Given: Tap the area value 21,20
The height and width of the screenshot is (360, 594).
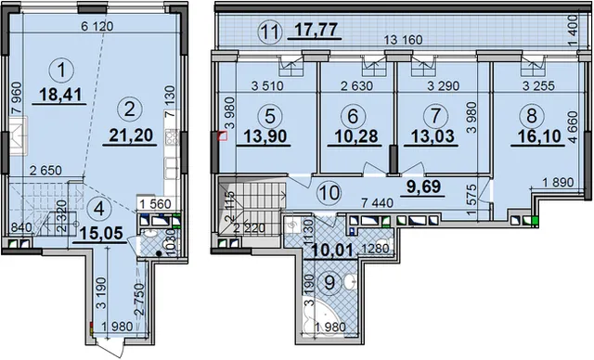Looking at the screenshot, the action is point(131,135).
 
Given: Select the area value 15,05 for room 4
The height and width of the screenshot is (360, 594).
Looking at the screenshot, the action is point(101,233).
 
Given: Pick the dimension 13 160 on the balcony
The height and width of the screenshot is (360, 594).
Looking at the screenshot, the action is point(403,40).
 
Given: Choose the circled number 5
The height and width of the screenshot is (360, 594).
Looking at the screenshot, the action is point(270,116).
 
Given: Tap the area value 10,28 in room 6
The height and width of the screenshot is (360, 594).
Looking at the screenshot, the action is point(353,135).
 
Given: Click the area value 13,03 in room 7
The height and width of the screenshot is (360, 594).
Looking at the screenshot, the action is point(433,135).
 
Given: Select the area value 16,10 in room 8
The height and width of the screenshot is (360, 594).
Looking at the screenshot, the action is point(536,135).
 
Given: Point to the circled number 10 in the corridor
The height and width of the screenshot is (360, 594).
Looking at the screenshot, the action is point(329,192).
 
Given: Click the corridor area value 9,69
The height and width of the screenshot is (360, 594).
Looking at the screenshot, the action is point(423,186).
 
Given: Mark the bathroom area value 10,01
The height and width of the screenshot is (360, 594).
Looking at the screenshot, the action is point(333,250).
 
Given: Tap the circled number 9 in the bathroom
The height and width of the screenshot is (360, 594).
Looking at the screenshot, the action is point(329,282).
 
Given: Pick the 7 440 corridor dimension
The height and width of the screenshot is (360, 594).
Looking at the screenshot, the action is point(377,203).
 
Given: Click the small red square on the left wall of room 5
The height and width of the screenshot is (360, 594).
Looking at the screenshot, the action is point(223,135).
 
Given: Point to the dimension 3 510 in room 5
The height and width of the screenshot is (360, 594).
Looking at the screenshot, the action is point(267,85).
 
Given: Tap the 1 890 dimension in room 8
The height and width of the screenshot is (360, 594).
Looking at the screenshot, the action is point(559,182).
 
